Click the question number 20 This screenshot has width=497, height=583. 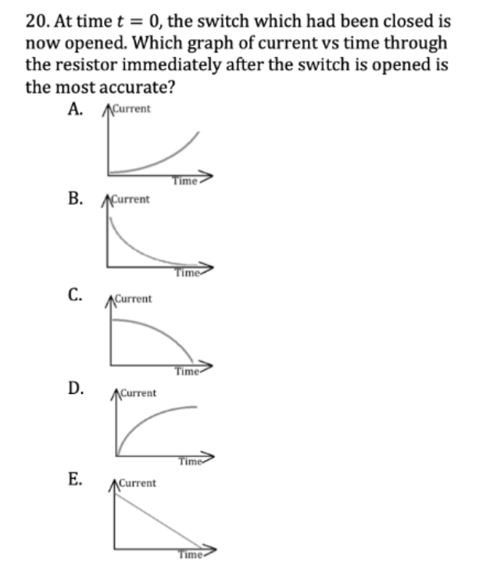click(x=36, y=20)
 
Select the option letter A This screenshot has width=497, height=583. click(x=76, y=109)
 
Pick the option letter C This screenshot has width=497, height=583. click(x=76, y=295)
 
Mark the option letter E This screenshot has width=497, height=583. click(x=76, y=478)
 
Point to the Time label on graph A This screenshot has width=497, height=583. click(x=184, y=181)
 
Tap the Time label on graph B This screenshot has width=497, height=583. click(x=188, y=274)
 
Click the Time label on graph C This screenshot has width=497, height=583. click(x=188, y=370)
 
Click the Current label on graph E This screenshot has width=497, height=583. click(x=138, y=484)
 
